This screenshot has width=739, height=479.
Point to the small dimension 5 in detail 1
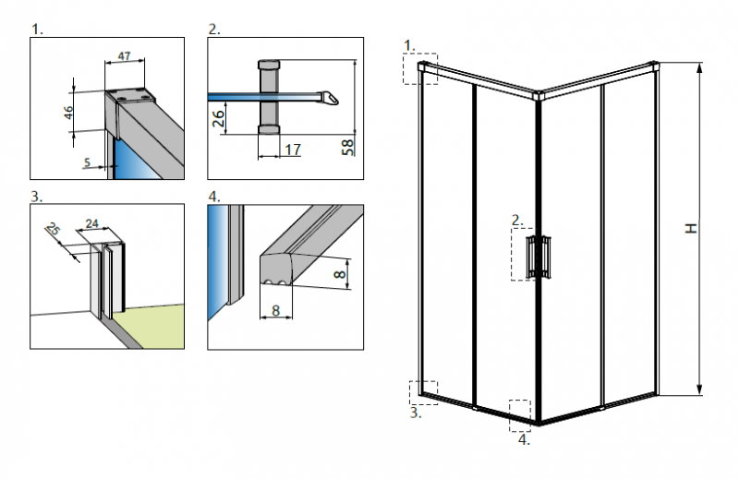[x=86, y=162]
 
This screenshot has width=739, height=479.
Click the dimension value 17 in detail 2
[x=292, y=150]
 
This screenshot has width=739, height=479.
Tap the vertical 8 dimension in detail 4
[x=341, y=273]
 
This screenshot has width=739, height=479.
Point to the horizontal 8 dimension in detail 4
[x=275, y=311]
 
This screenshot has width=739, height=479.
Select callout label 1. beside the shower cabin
[x=411, y=43]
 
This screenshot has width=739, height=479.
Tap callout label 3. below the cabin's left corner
[x=416, y=413]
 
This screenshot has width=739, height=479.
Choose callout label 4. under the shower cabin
[x=524, y=439]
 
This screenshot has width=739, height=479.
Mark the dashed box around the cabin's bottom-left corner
[x=423, y=392]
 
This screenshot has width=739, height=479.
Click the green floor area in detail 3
[x=157, y=318]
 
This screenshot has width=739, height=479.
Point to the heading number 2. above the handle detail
[x=214, y=30]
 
